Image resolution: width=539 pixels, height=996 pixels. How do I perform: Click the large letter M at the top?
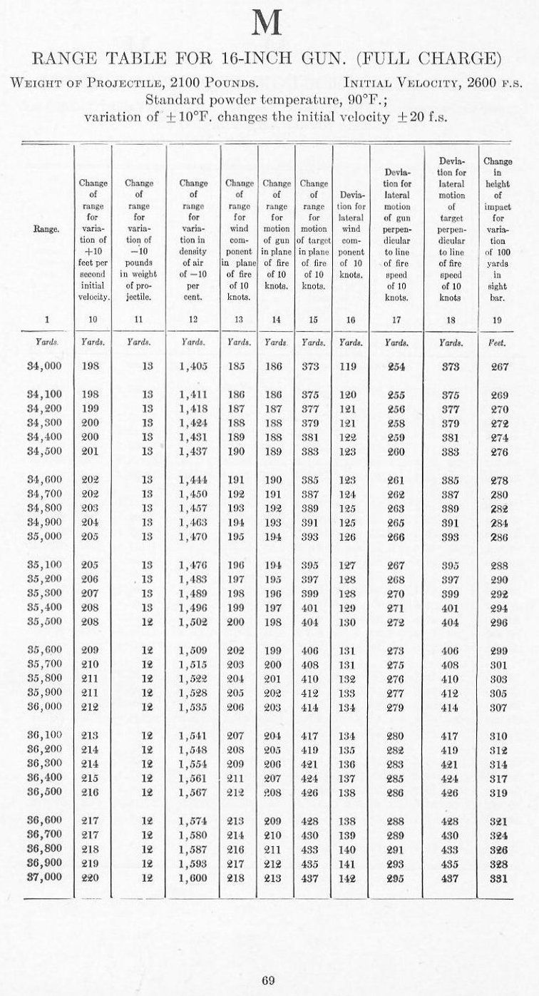pyautogui.click(x=269, y=25)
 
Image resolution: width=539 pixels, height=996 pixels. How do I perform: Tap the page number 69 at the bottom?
pyautogui.click(x=268, y=980)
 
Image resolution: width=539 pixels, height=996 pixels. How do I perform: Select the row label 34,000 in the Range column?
pyautogui.click(x=44, y=366)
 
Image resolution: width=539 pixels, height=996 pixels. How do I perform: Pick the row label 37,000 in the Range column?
pyautogui.click(x=44, y=878)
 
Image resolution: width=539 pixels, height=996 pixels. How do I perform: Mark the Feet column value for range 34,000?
pyautogui.click(x=497, y=366)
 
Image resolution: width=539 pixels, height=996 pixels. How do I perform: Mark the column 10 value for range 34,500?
pyautogui.click(x=93, y=452)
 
